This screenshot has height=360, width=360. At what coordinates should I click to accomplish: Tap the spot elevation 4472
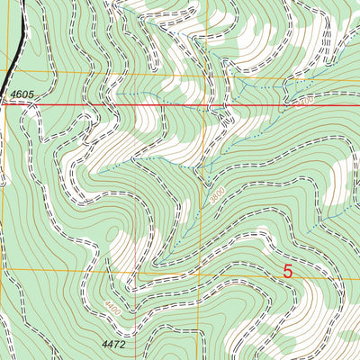113,344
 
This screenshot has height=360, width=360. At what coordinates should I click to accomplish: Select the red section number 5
288,271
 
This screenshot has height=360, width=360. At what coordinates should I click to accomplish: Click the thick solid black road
15,45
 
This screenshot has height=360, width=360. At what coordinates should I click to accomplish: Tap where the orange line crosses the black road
13,72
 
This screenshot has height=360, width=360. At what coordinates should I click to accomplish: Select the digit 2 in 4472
122,344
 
